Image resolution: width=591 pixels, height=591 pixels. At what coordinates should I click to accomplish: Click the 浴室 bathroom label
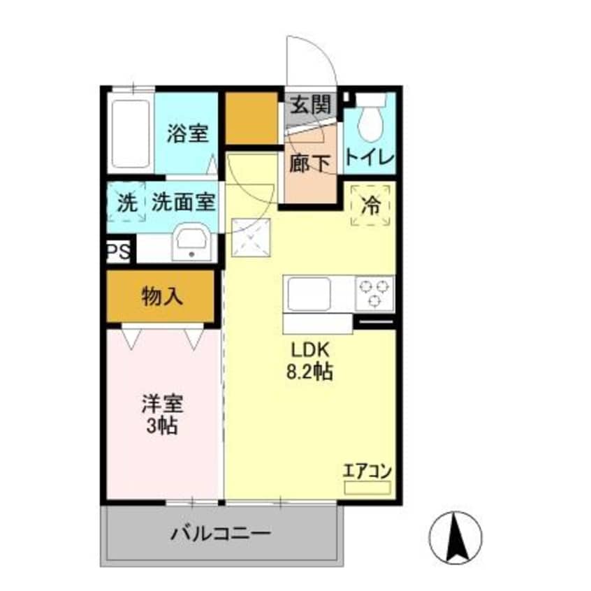[187, 133]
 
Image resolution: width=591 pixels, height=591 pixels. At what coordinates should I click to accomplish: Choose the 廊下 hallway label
[309, 162]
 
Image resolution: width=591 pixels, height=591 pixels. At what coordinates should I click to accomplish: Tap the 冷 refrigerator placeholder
[370, 205]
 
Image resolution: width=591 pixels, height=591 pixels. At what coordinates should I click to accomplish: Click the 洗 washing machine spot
[126, 203]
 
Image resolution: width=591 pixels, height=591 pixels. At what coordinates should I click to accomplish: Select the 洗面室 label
[183, 203]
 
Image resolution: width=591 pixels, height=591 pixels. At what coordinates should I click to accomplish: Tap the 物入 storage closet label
[162, 297]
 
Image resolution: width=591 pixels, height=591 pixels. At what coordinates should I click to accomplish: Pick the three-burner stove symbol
[374, 293]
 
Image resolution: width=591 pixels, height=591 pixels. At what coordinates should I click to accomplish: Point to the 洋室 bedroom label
[162, 404]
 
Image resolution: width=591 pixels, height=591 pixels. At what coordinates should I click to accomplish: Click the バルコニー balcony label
[221, 536]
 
